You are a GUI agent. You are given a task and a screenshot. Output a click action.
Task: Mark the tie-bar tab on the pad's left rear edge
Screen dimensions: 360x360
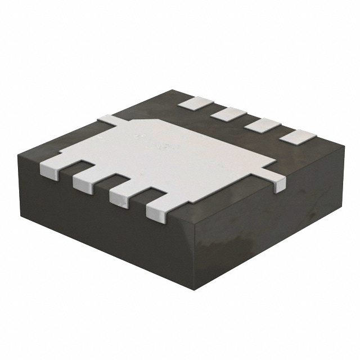(106, 120)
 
